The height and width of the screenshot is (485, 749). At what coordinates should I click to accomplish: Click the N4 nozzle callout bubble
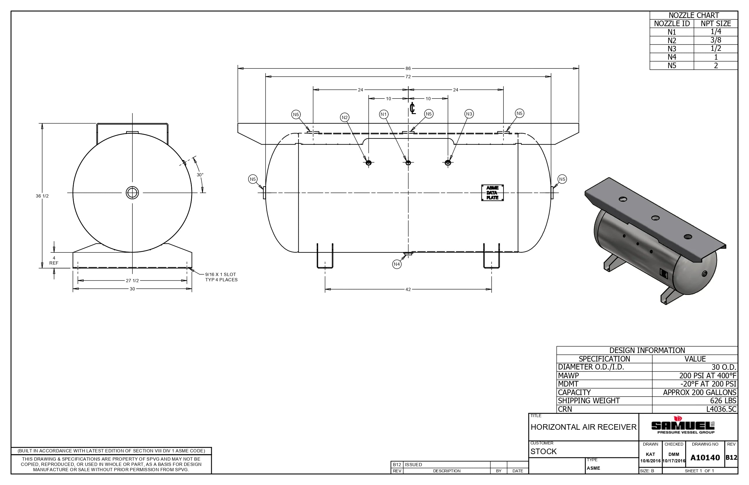click(397, 264)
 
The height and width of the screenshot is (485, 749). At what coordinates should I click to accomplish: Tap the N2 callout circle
click(345, 118)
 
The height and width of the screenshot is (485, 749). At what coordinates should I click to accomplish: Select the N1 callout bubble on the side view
click(383, 114)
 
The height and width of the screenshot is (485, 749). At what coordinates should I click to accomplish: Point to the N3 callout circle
click(469, 114)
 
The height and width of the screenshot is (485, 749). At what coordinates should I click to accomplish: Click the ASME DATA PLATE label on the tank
click(492, 193)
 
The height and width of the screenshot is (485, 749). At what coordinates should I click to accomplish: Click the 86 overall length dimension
click(408, 68)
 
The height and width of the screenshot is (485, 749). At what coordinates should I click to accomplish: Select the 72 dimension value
click(408, 76)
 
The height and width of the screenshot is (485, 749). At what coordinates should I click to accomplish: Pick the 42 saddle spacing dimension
click(408, 290)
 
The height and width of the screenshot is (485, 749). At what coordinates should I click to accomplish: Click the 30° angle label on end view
click(200, 175)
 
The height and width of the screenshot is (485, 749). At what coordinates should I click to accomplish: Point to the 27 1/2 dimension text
click(132, 281)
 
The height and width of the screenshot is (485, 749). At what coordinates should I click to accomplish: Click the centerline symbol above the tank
click(413, 108)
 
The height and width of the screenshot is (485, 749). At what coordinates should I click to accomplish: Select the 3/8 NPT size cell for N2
click(715, 40)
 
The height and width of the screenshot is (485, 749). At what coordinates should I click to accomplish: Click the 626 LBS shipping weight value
click(723, 401)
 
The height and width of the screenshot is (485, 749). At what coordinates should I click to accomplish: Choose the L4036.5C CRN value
click(721, 409)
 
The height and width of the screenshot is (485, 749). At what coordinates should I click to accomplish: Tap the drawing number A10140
click(705, 458)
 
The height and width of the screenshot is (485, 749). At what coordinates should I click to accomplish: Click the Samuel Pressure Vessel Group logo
click(683, 426)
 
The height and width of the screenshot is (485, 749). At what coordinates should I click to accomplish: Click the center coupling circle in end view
click(132, 193)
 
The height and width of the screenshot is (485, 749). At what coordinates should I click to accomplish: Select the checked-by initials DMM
click(674, 454)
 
